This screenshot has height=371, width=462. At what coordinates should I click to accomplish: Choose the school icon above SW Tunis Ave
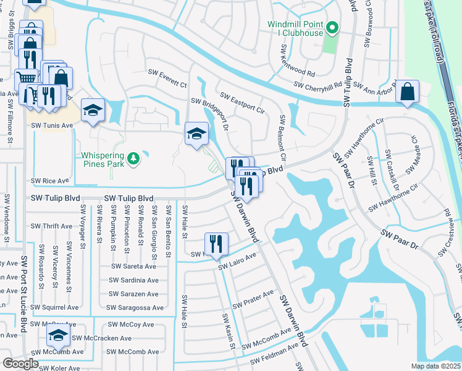93,110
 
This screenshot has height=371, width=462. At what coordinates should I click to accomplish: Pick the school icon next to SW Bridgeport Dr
196,133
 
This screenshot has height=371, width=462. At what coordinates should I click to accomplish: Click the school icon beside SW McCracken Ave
58,335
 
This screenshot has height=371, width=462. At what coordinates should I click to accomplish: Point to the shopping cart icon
25,79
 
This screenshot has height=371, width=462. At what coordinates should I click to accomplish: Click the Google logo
20,363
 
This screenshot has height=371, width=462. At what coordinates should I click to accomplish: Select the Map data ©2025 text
435,366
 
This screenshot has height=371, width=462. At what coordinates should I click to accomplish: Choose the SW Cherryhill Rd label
318,85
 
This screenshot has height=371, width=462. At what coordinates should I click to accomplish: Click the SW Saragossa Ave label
135,307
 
